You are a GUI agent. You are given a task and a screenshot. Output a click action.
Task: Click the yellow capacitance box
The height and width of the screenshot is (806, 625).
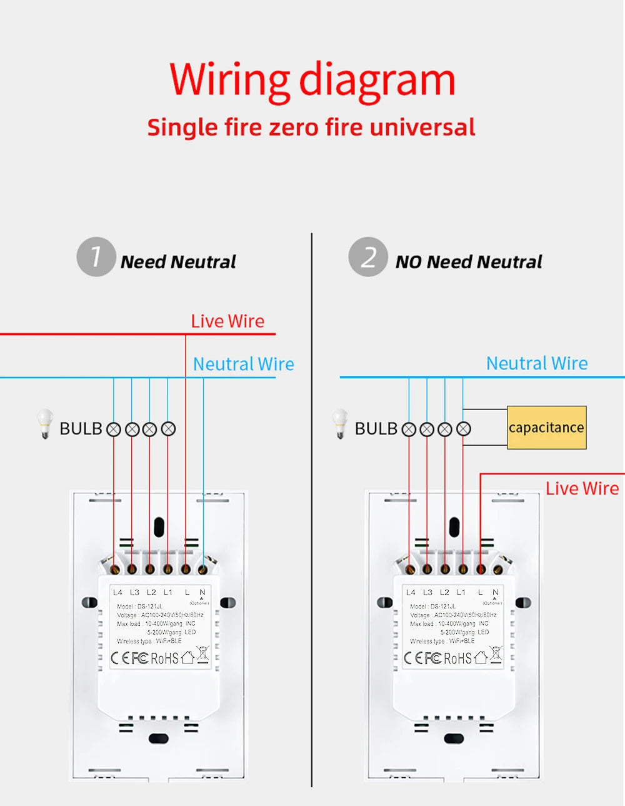tap(546, 428)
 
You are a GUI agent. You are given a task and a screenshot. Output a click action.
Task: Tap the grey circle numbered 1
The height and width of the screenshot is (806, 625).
tap(96, 256)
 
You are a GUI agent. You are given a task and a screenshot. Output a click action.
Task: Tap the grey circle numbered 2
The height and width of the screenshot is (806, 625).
tap(368, 256)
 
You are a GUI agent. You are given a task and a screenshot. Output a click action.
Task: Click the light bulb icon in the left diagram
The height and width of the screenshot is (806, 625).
tap(44, 424)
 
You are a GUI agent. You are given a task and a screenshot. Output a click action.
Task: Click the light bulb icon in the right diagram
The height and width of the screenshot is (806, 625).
tap(340, 424)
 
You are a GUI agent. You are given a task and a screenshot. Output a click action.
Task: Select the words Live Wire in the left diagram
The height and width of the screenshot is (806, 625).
tap(227, 321)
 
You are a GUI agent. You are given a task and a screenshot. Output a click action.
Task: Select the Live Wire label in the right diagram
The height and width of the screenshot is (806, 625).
tap(582, 488)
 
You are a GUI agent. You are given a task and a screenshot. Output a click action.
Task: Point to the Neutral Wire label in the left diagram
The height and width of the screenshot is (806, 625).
tap(243, 364)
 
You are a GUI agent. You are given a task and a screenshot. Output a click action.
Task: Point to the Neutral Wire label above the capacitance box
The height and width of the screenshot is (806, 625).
tap(537, 363)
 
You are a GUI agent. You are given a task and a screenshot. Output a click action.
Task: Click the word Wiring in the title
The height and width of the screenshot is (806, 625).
tap(229, 80)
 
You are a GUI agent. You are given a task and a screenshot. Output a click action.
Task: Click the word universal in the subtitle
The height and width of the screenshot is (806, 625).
tap(422, 127)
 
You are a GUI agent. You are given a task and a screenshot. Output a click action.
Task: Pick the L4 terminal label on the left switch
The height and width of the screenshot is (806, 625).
tap(117, 592)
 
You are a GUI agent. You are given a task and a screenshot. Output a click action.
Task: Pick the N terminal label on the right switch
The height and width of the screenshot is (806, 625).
tap(495, 592)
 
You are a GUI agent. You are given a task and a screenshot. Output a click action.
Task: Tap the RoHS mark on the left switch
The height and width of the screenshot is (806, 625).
tap(164, 658)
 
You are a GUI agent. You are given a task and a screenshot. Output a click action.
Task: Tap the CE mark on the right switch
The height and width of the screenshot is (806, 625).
tap(413, 658)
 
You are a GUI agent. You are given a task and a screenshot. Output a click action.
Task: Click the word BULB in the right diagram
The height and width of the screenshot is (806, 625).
tap(376, 429)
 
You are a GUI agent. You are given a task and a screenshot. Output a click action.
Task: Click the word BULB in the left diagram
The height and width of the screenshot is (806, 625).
tap(81, 429)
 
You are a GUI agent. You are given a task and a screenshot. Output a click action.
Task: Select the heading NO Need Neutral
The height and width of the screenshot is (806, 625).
tap(469, 262)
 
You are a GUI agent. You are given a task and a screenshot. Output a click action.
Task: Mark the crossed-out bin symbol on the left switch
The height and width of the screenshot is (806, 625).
tap(202, 655)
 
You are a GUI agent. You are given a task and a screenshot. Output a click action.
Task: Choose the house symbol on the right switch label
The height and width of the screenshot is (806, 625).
tap(481, 657)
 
